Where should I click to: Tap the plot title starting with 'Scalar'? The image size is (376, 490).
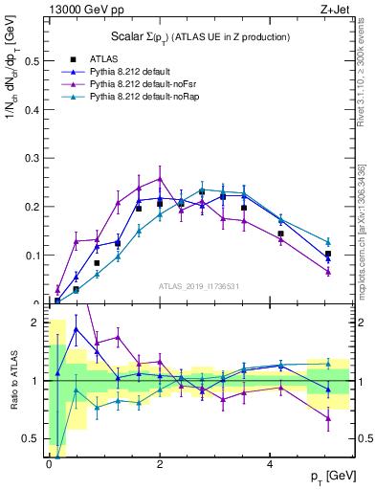point(181,36)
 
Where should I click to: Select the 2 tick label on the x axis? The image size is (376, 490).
point(160,464)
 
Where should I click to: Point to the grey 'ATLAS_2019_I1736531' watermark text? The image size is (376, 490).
point(197,286)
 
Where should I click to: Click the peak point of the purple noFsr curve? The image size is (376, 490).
point(160,179)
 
